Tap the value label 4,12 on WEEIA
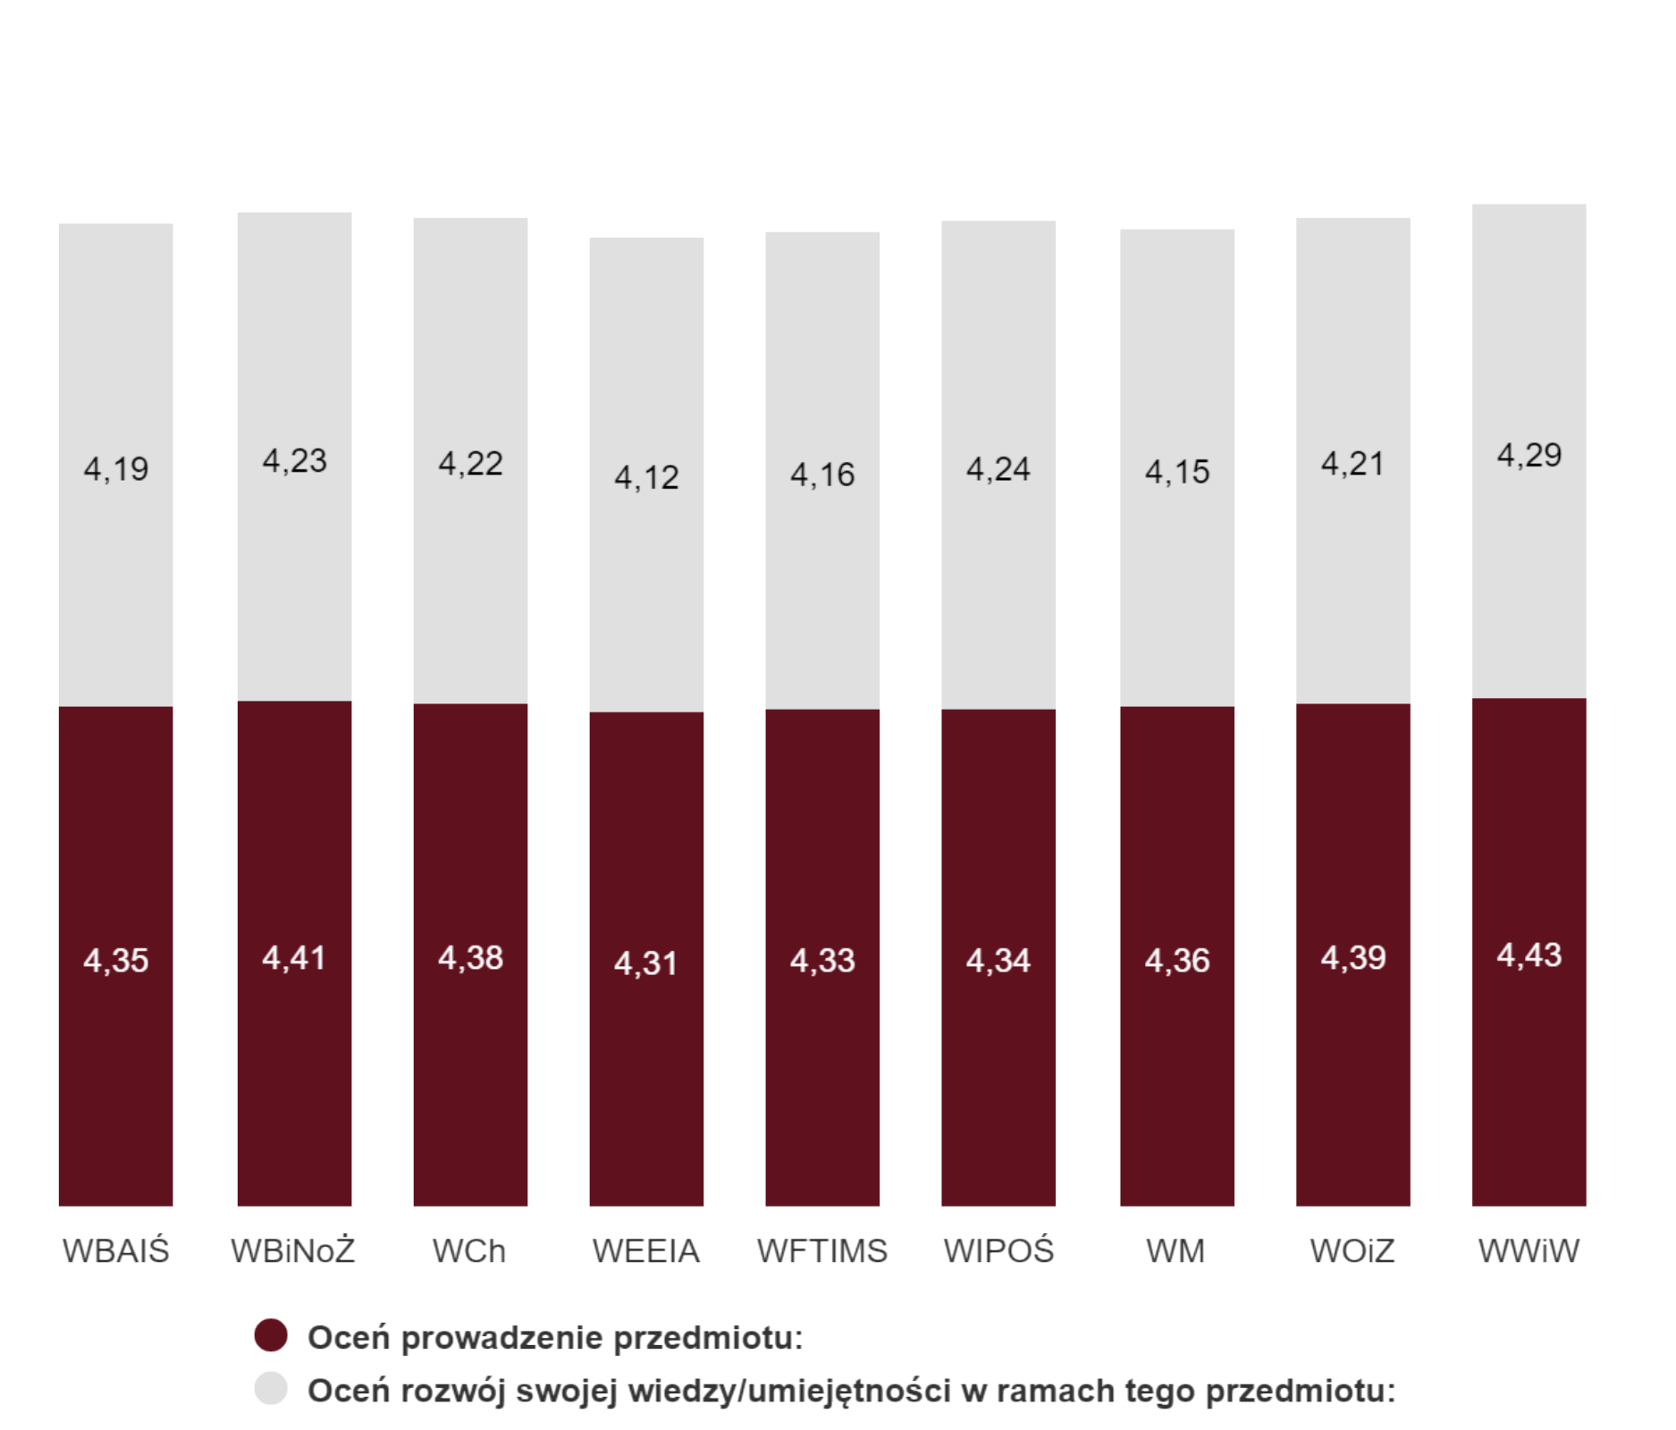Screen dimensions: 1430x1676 tap(646, 477)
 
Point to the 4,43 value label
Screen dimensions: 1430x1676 tap(1529, 955)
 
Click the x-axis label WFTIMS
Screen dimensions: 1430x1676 tap(822, 1251)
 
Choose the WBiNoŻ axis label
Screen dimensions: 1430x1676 tap(293, 1251)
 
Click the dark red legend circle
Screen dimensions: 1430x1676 tap(271, 1335)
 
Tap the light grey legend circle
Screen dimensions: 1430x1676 tap(271, 1389)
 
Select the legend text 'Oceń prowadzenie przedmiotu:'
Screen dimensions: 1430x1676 tap(555, 1338)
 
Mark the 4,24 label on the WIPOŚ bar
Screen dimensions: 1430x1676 tap(998, 469)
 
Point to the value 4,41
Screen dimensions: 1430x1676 tap(294, 958)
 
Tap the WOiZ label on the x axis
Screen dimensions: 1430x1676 tap(1352, 1251)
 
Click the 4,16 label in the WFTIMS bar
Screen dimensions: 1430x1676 tap(822, 475)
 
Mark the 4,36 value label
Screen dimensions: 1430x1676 tap(1176, 961)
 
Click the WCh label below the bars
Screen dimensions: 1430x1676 tap(469, 1251)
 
